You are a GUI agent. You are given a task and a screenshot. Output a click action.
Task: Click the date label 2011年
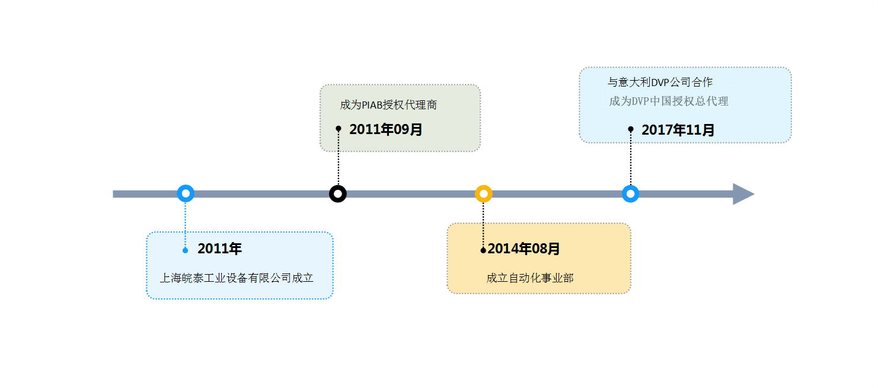(219, 249)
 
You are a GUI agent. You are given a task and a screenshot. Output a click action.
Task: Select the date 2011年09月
(385, 129)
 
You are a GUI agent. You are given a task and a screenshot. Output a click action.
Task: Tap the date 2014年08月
(523, 249)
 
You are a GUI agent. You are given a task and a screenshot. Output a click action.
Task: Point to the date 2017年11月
(678, 130)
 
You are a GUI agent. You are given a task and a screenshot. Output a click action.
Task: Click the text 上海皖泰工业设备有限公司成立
(237, 278)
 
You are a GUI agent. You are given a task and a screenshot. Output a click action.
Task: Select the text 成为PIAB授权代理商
(388, 105)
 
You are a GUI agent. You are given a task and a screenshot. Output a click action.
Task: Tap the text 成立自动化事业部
(530, 278)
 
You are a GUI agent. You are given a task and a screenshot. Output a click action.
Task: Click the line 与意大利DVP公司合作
(660, 82)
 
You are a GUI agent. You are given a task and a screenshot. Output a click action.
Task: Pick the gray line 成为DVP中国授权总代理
(669, 101)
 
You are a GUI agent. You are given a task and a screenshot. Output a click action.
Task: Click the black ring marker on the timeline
(338, 194)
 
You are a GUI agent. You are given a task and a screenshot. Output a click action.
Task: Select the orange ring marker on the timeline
(484, 194)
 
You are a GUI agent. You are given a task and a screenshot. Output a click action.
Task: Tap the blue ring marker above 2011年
(186, 193)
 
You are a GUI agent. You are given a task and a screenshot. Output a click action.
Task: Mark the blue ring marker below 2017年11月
(630, 194)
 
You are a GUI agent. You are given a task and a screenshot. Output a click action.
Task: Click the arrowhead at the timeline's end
(743, 194)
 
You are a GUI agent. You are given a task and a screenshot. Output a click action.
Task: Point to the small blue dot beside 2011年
(186, 250)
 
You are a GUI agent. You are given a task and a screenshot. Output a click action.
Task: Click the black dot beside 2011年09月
(339, 128)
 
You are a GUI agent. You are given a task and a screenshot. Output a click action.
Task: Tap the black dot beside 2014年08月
(483, 250)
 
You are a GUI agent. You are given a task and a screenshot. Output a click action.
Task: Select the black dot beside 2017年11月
(631, 129)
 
